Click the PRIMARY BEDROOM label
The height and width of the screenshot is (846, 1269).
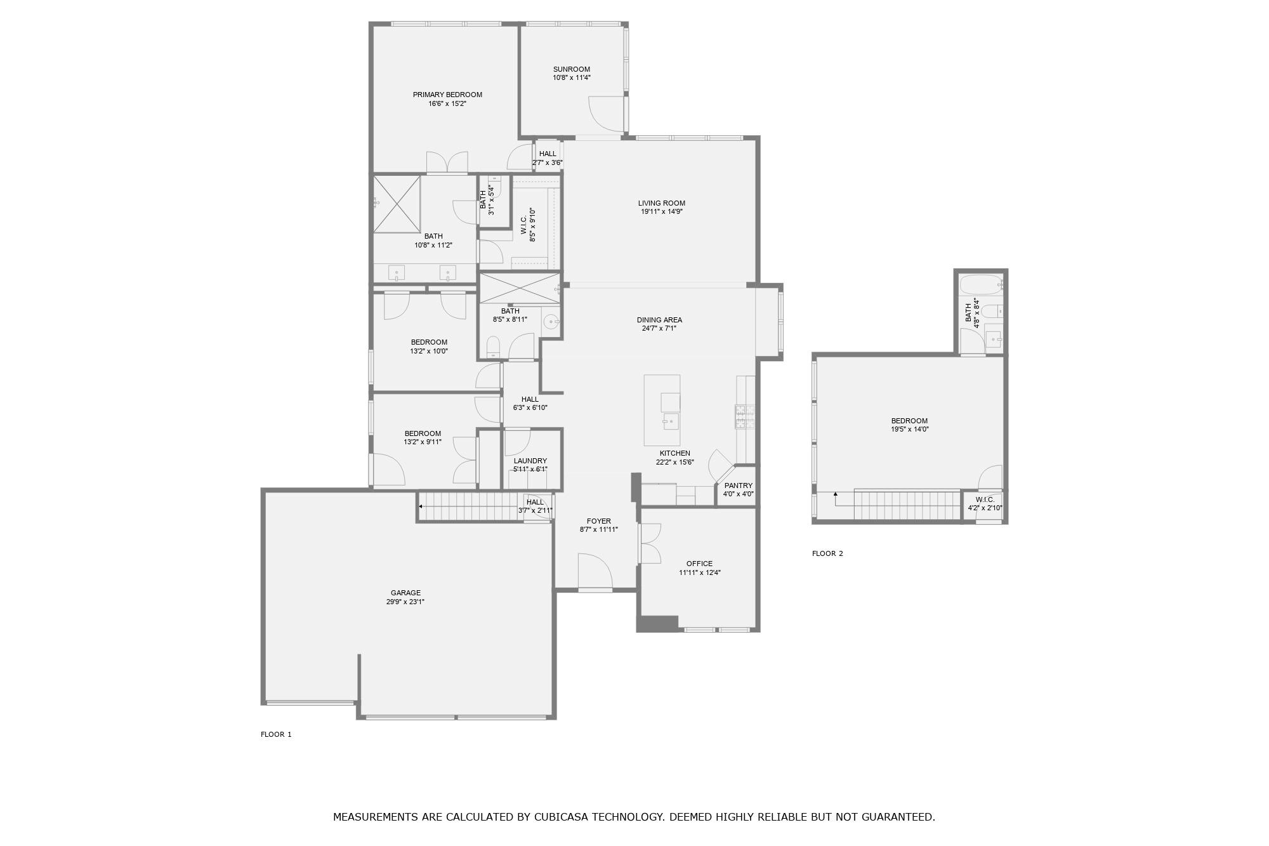(447, 95)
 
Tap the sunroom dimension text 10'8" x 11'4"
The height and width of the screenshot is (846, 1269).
(571, 78)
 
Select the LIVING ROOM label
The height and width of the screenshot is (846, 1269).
(661, 203)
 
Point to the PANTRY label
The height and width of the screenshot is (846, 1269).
(738, 486)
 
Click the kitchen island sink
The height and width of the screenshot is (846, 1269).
(670, 421)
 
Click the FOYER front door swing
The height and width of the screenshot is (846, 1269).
(595, 571)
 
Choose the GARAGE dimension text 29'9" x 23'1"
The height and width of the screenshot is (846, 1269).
(405, 602)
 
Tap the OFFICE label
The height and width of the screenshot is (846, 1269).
(699, 564)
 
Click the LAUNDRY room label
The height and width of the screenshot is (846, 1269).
(530, 461)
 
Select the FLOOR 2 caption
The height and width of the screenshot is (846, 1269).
(827, 553)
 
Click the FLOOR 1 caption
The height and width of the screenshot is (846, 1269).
(276, 734)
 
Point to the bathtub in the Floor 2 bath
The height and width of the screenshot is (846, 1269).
(980, 284)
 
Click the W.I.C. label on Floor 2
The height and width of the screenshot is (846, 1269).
(985, 499)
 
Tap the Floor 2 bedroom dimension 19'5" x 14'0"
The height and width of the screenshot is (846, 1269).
(909, 429)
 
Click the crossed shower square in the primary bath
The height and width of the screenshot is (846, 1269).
(397, 204)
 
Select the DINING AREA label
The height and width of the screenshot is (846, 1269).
(659, 320)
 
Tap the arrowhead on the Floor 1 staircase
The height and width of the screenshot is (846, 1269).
(421, 506)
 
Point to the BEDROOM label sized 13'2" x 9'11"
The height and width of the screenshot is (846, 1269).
(423, 433)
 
